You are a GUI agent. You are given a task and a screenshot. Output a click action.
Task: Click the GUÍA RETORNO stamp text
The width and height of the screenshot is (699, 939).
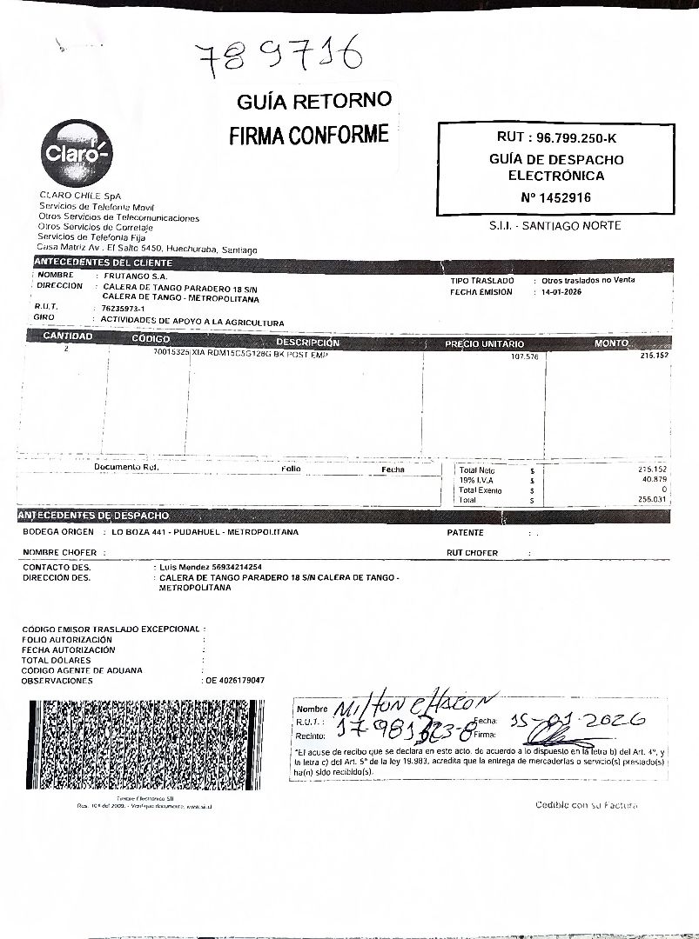coord(314,102)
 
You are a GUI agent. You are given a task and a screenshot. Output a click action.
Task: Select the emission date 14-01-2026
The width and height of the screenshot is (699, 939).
coord(561,292)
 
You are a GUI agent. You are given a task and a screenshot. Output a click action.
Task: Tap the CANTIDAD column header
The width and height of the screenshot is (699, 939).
coord(67,336)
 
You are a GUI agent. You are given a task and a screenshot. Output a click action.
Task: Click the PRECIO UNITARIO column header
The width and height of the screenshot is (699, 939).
coord(484,344)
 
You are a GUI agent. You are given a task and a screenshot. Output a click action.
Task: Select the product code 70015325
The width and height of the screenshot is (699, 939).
coord(171,354)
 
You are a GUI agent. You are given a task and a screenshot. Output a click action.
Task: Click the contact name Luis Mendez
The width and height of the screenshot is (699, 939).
coord(184,566)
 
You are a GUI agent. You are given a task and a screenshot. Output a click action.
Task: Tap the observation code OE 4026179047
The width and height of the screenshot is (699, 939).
coord(235,680)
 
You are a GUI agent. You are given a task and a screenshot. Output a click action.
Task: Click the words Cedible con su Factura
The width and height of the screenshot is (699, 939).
coord(586,805)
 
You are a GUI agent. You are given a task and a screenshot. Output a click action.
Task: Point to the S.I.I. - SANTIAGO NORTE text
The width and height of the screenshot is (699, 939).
coord(555,225)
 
